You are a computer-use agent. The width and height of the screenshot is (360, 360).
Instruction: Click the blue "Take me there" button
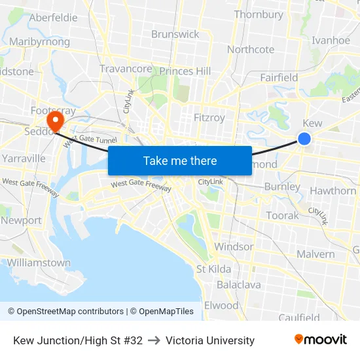180,160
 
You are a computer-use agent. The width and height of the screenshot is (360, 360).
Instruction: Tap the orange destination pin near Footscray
55,120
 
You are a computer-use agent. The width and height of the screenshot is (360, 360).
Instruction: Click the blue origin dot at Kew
304,138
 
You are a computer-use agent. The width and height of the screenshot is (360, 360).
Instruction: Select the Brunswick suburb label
175,34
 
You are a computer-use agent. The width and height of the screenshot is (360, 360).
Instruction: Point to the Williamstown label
39,262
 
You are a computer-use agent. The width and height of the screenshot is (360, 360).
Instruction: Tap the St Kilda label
213,269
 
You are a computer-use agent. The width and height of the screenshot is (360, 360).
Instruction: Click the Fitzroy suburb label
209,118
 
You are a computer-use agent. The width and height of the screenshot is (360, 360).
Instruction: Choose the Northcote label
251,50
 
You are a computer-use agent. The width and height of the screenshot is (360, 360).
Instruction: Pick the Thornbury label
259,14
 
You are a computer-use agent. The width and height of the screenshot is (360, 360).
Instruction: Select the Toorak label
282,215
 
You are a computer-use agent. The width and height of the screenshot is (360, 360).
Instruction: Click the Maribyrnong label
39,42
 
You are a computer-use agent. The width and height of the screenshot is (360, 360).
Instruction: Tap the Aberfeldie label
54,18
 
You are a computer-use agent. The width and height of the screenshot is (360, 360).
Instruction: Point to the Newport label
21,221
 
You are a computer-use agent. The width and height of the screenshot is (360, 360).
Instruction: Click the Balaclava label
239,285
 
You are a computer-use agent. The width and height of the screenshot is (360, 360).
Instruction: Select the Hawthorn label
333,191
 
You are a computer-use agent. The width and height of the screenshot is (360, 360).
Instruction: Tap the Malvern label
315,254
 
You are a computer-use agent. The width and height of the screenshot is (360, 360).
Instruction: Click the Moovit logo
321,340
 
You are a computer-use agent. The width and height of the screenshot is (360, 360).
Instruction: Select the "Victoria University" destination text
210,340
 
